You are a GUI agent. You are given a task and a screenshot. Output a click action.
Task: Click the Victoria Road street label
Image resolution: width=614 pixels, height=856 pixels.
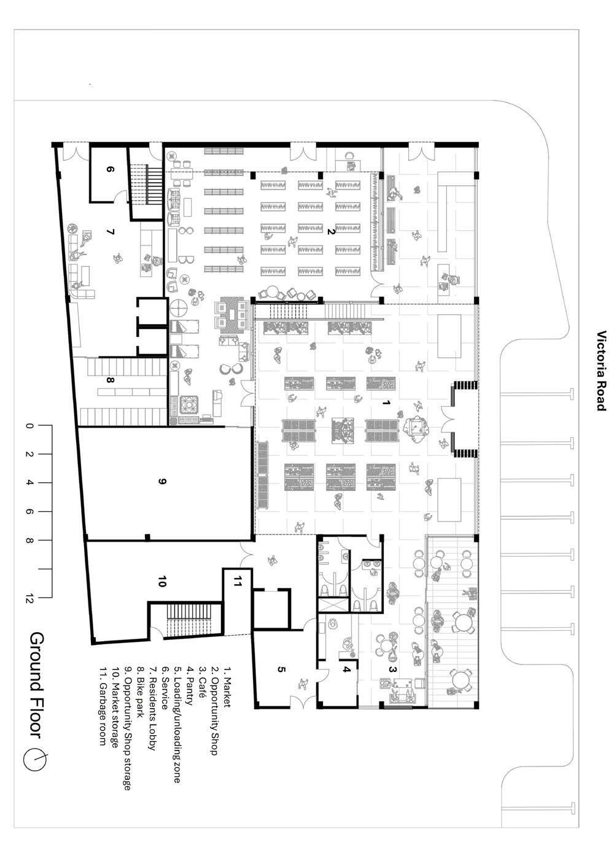(602, 371)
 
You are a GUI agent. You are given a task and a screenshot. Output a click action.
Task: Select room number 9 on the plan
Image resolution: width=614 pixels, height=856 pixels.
(162, 482)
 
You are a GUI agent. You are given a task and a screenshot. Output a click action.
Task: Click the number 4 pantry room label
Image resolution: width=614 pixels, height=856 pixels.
(346, 669)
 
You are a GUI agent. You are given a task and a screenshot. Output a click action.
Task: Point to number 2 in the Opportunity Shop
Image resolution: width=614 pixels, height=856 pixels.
(330, 231)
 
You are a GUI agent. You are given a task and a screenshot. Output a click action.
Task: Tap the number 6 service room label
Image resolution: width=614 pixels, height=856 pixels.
(111, 171)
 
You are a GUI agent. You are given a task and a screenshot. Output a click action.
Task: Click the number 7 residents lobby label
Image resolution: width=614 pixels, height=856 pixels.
(111, 232)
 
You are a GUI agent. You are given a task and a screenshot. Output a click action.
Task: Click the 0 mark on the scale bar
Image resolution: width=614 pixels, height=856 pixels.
(29, 425)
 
